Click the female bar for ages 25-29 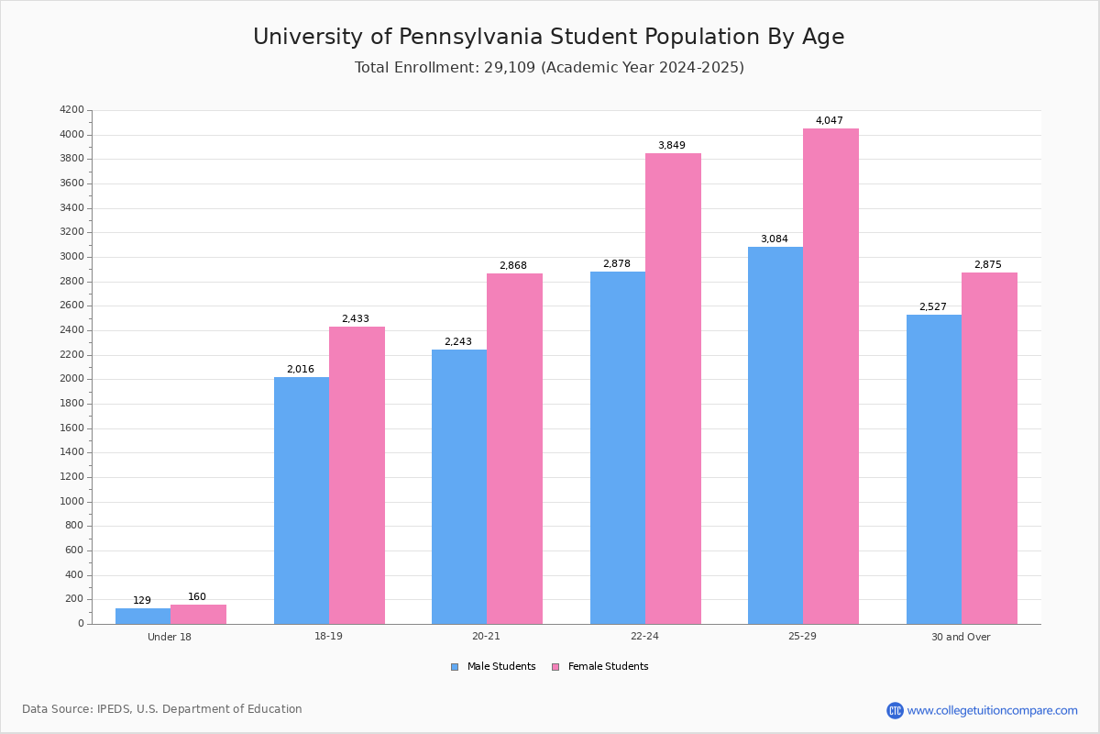830,376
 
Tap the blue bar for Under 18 143,616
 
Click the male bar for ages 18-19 302,500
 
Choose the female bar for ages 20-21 514,449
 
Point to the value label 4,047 829,121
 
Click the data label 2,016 300,370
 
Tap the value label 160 197,597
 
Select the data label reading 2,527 932,307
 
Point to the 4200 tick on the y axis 71,110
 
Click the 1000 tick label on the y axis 71,502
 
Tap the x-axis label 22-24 644,637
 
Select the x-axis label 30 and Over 961,637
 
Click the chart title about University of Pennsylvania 548,37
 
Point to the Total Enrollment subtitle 549,68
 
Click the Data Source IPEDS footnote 162,709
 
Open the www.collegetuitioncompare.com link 992,710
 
